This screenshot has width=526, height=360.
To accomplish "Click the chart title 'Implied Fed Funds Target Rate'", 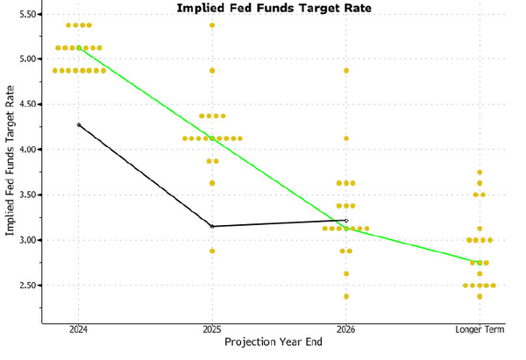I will [274, 8].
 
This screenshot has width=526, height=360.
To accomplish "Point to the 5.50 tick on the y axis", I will [25, 15].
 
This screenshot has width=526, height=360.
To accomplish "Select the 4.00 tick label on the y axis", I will [25, 150].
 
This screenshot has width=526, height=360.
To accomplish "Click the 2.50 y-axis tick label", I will [25, 286].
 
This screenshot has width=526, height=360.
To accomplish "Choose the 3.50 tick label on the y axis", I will [25, 195].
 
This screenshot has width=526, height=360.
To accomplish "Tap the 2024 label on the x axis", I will [78, 329].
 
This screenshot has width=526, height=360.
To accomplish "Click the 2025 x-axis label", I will [211, 329].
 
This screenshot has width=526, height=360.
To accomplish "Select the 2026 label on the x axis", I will [346, 329].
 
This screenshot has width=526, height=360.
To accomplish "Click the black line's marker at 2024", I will [78, 125].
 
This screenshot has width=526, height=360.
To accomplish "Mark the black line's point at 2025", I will [211, 226].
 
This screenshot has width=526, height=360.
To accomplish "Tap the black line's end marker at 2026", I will [346, 221].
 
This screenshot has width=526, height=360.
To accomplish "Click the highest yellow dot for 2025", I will [211, 25].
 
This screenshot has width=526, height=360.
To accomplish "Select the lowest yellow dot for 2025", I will [211, 251].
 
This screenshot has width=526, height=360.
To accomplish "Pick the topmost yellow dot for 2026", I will [346, 70].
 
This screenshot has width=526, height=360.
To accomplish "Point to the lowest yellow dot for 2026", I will [346, 296].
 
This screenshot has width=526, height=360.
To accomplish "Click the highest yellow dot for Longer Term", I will [480, 173].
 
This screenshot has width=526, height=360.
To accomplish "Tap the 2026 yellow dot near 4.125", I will [346, 138].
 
